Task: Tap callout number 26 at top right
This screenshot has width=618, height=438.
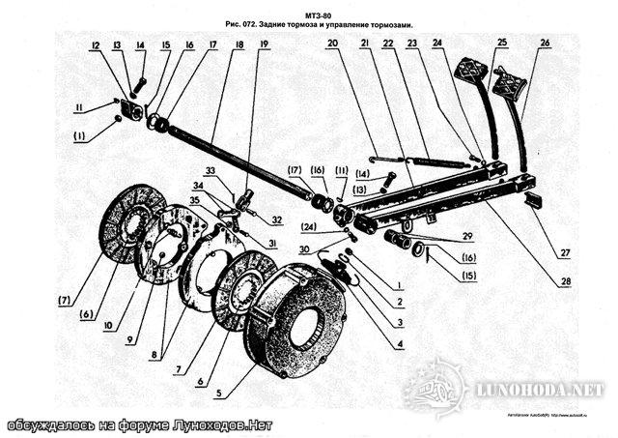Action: [x=546, y=44]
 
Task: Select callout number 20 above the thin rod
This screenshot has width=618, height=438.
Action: [x=332, y=44]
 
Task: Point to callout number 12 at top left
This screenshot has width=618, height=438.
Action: [x=96, y=45]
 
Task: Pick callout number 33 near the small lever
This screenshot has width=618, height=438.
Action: [x=211, y=171]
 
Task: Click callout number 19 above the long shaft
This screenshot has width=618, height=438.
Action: [x=264, y=45]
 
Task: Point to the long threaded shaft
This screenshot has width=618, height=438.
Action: [x=241, y=160]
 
